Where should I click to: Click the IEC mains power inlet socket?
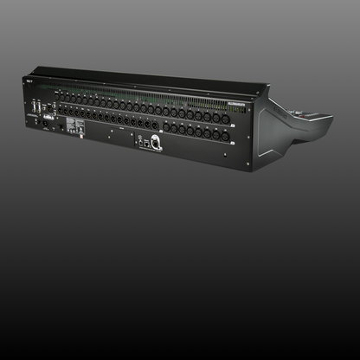click(x=46, y=122)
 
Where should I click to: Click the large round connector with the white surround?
click(x=156, y=145)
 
